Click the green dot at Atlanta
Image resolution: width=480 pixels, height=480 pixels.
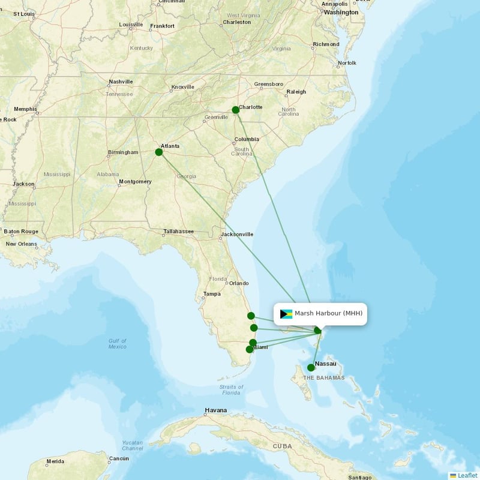point(159,152)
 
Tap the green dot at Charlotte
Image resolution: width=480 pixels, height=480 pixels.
point(236,110)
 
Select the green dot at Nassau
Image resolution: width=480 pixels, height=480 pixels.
point(311,367)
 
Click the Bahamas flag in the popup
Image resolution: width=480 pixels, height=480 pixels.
point(286,314)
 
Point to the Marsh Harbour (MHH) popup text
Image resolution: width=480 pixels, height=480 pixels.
point(328,313)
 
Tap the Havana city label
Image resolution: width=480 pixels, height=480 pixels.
point(215,410)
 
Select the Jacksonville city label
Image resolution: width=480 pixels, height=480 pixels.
point(237,234)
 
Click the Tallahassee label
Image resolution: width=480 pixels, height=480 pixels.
point(178,232)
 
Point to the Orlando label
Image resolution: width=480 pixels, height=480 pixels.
point(238,283)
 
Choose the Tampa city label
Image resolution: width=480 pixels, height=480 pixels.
point(212,294)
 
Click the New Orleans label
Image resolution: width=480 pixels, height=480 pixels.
point(21,244)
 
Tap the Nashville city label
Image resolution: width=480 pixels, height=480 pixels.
point(121,82)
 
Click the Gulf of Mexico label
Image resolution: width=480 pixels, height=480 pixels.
point(118,343)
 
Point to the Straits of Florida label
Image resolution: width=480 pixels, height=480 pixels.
point(231,389)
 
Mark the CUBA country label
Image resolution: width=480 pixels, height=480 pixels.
point(282,446)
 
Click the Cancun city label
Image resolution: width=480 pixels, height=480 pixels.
point(119,459)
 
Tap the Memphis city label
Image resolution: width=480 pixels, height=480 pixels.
point(25,109)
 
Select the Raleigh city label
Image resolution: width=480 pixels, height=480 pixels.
point(296,92)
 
